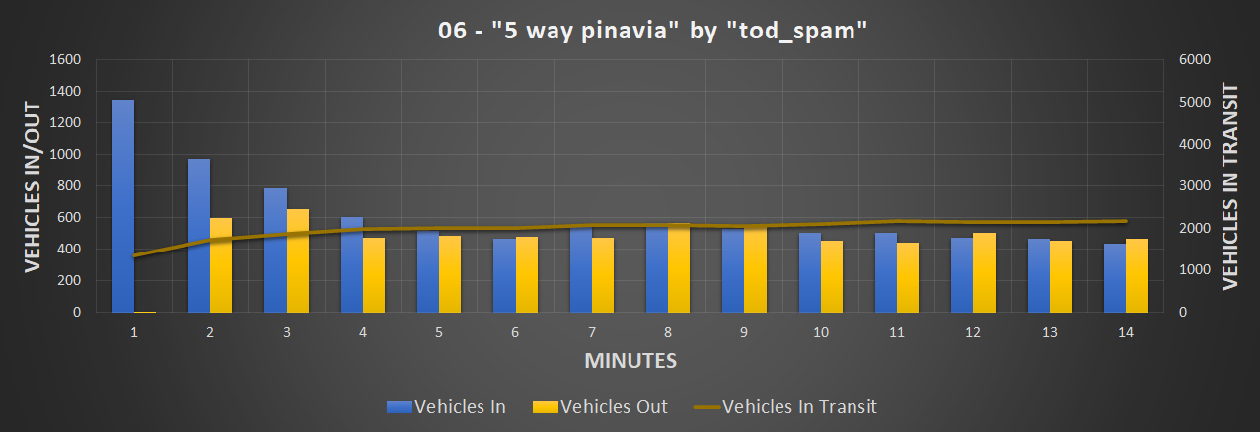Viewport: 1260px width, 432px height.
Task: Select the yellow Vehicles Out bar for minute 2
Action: [x=220, y=264]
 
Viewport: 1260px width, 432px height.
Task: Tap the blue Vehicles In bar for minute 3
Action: [x=275, y=250]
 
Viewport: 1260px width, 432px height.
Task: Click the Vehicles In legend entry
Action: [x=448, y=406]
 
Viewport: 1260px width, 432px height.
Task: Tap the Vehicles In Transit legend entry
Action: [x=784, y=406]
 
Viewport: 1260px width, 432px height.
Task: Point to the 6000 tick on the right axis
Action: [x=1195, y=59]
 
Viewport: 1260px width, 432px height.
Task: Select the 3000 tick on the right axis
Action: [x=1195, y=185]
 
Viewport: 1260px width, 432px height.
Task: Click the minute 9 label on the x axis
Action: [x=745, y=333]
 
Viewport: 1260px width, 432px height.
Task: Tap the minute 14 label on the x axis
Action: [x=1125, y=333]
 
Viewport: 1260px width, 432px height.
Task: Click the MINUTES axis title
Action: [x=630, y=361]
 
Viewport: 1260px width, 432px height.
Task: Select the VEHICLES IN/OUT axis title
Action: [x=33, y=186]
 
